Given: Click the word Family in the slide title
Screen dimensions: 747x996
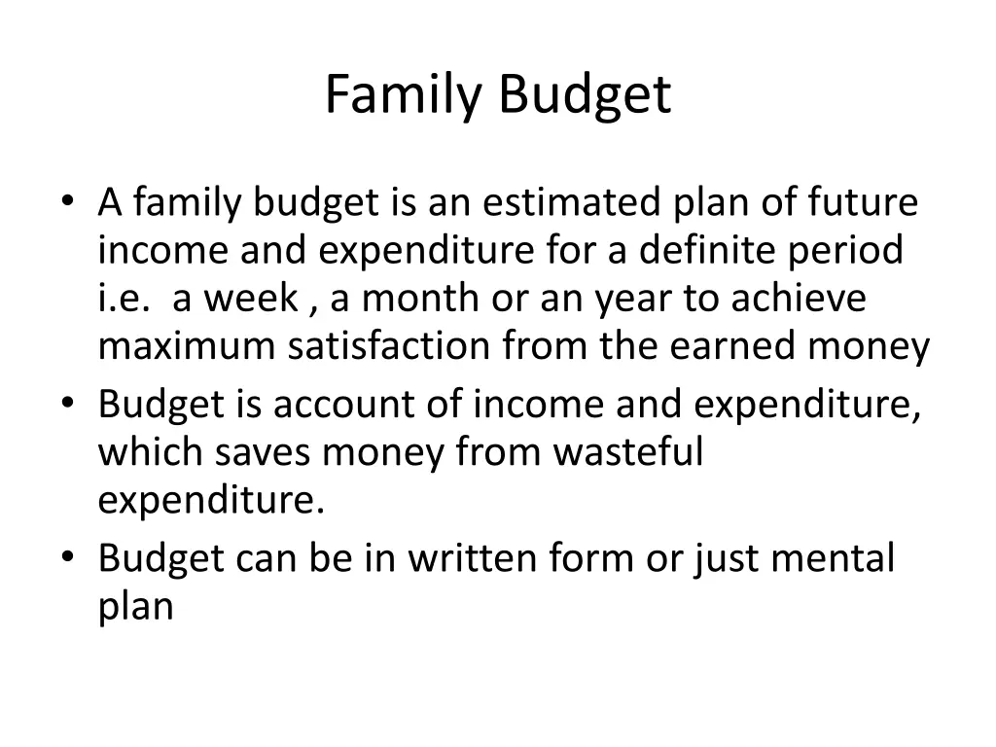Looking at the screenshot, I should (x=406, y=96).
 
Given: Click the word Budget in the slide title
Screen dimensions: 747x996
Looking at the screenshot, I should (x=586, y=96).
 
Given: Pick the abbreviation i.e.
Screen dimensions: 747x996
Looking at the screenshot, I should (x=124, y=299).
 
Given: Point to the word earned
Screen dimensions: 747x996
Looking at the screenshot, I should (x=727, y=347).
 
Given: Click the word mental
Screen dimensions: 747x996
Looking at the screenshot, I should (x=837, y=559).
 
